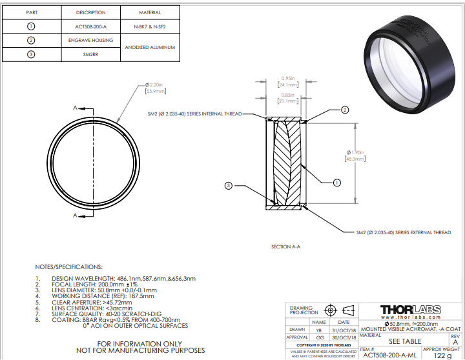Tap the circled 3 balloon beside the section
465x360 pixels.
[x=229, y=186]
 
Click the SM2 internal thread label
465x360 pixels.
[x=194, y=114]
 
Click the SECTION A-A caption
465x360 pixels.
[x=285, y=246]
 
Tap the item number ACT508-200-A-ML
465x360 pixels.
[x=389, y=354]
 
